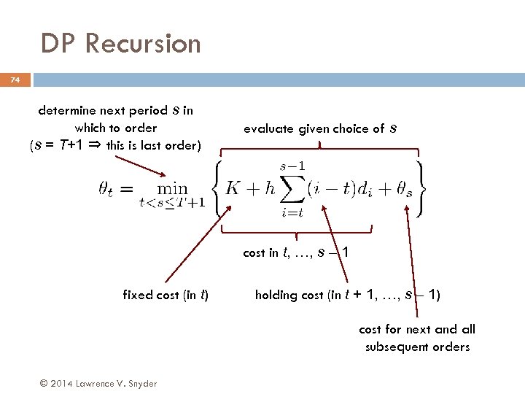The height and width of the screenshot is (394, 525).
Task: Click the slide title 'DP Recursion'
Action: point(120,43)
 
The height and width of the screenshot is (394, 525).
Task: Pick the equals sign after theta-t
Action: point(126,189)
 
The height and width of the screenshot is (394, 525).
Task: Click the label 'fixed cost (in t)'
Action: point(166,295)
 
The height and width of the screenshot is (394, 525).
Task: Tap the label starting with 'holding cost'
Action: point(347,295)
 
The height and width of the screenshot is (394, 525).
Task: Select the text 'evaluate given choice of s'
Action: point(320,128)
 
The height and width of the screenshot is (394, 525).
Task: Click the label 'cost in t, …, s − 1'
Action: point(295,252)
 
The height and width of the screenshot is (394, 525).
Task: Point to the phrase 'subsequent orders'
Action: point(417,347)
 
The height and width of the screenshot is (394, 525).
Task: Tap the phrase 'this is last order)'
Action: point(153,144)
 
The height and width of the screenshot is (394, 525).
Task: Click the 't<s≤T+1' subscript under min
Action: point(172,202)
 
